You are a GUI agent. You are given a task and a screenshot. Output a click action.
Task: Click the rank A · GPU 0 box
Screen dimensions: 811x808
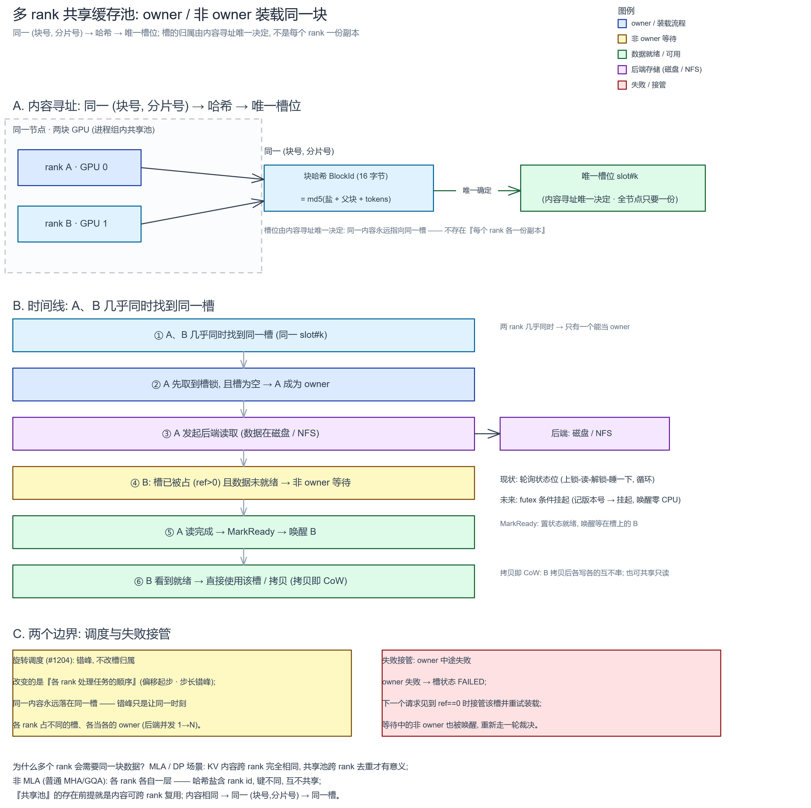[79, 167]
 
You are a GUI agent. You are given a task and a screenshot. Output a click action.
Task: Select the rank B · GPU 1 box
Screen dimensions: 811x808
[79, 224]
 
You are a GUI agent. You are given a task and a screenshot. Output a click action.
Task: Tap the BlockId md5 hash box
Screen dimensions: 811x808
[348, 188]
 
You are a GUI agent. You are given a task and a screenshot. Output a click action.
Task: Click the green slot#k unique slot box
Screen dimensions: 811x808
[612, 188]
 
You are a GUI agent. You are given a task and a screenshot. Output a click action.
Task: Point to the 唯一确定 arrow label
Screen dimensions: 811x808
[477, 190]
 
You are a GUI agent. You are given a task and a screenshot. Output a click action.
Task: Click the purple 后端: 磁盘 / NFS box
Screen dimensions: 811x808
[584, 433]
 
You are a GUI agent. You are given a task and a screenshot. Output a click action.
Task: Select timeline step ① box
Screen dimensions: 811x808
[243, 335]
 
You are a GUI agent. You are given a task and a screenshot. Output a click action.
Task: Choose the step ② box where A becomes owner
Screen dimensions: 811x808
[243, 384]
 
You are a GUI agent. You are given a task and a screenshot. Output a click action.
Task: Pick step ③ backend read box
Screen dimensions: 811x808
[243, 433]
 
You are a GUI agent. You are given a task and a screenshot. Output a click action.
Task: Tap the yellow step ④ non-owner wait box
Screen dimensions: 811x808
[243, 483]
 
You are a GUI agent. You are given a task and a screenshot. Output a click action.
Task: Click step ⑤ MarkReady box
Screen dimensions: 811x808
[243, 532]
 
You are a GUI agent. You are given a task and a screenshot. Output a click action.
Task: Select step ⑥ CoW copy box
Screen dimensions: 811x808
[243, 581]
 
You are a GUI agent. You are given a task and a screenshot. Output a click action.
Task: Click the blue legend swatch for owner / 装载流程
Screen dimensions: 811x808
[622, 24]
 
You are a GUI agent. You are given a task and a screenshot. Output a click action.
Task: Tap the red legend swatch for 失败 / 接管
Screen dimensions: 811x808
[622, 85]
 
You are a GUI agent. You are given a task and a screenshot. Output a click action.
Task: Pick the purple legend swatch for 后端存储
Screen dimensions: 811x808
[622, 70]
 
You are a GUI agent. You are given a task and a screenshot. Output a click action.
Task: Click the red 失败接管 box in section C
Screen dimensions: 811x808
[551, 693]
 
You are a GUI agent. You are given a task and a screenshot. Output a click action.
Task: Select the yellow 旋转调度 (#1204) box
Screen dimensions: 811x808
[182, 693]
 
